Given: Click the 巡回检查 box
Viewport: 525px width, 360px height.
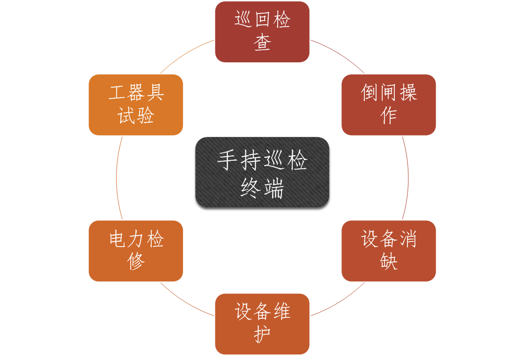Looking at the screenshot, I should (x=262, y=32).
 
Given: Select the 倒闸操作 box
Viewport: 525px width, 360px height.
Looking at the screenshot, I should (x=389, y=105).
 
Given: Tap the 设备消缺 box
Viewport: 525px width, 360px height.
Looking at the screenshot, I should (x=389, y=251).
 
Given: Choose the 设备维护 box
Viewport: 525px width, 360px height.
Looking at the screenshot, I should (x=262, y=324).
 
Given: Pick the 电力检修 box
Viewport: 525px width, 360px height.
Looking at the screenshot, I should (x=136, y=251).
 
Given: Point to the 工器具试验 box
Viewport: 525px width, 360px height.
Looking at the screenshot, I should (x=136, y=105).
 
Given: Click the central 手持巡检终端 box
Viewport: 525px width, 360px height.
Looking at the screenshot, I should (x=262, y=172).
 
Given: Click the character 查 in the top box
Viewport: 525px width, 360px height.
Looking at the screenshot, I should (x=262, y=44).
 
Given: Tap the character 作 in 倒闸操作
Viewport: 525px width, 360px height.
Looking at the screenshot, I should (x=389, y=116).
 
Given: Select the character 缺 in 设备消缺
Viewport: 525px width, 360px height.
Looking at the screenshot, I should (x=389, y=262).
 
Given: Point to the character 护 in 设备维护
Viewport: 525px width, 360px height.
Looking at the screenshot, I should (x=262, y=336).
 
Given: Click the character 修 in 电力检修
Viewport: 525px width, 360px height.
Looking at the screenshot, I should (x=136, y=262).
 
